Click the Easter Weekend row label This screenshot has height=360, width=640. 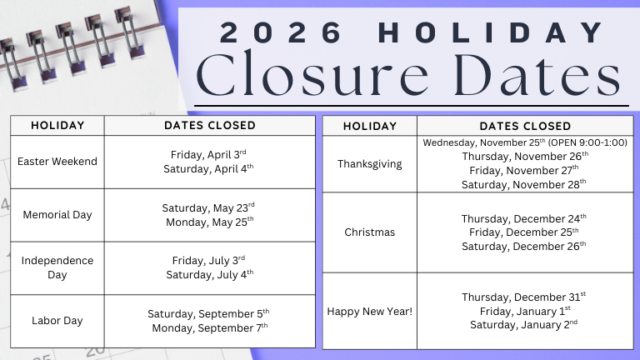pyautogui.click(x=57, y=161)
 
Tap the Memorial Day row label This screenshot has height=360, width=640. pyautogui.click(x=57, y=214)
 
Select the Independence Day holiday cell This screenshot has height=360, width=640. pyautogui.click(x=57, y=267)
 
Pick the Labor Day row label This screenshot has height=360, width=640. pyautogui.click(x=57, y=320)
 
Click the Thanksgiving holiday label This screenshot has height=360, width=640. pyautogui.click(x=369, y=163)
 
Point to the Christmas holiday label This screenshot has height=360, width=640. pyautogui.click(x=369, y=232)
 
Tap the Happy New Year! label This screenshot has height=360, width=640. pyautogui.click(x=369, y=311)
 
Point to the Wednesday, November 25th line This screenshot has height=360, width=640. pyautogui.click(x=525, y=142)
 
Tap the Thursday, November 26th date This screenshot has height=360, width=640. pyautogui.click(x=525, y=156)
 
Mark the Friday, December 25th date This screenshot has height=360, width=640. pyautogui.click(x=525, y=232)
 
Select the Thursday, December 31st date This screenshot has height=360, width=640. pyautogui.click(x=525, y=297)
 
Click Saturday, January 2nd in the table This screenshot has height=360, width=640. pyautogui.click(x=525, y=325)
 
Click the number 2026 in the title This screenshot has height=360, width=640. pyautogui.click(x=282, y=32)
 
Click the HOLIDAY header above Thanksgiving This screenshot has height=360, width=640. pyautogui.click(x=369, y=126)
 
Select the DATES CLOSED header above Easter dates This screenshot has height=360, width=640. pyautogui.click(x=209, y=125)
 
